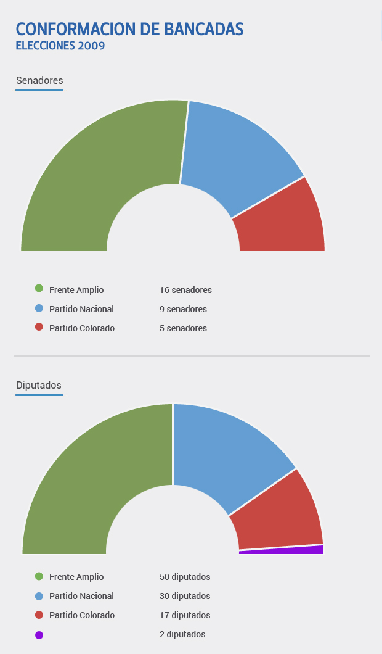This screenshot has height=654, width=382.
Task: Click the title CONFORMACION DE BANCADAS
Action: [129, 29]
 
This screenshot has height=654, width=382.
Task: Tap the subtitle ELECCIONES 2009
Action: [60, 46]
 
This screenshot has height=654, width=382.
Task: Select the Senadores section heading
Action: [39, 80]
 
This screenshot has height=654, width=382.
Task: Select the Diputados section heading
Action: [39, 385]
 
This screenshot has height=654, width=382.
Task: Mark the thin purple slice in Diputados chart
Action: [290, 550]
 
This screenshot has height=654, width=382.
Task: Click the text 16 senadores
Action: [185, 290]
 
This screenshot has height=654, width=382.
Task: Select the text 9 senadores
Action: [183, 309]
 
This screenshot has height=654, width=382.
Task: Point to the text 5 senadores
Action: [183, 328]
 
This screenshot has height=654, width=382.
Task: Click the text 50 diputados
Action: [185, 577]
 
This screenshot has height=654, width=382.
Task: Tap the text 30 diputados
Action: [185, 596]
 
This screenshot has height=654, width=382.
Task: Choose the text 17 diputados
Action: [185, 615]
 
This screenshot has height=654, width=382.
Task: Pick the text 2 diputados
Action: [182, 634]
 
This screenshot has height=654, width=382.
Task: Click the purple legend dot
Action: [39, 635]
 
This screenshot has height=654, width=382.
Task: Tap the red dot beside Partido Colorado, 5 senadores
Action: [39, 328]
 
